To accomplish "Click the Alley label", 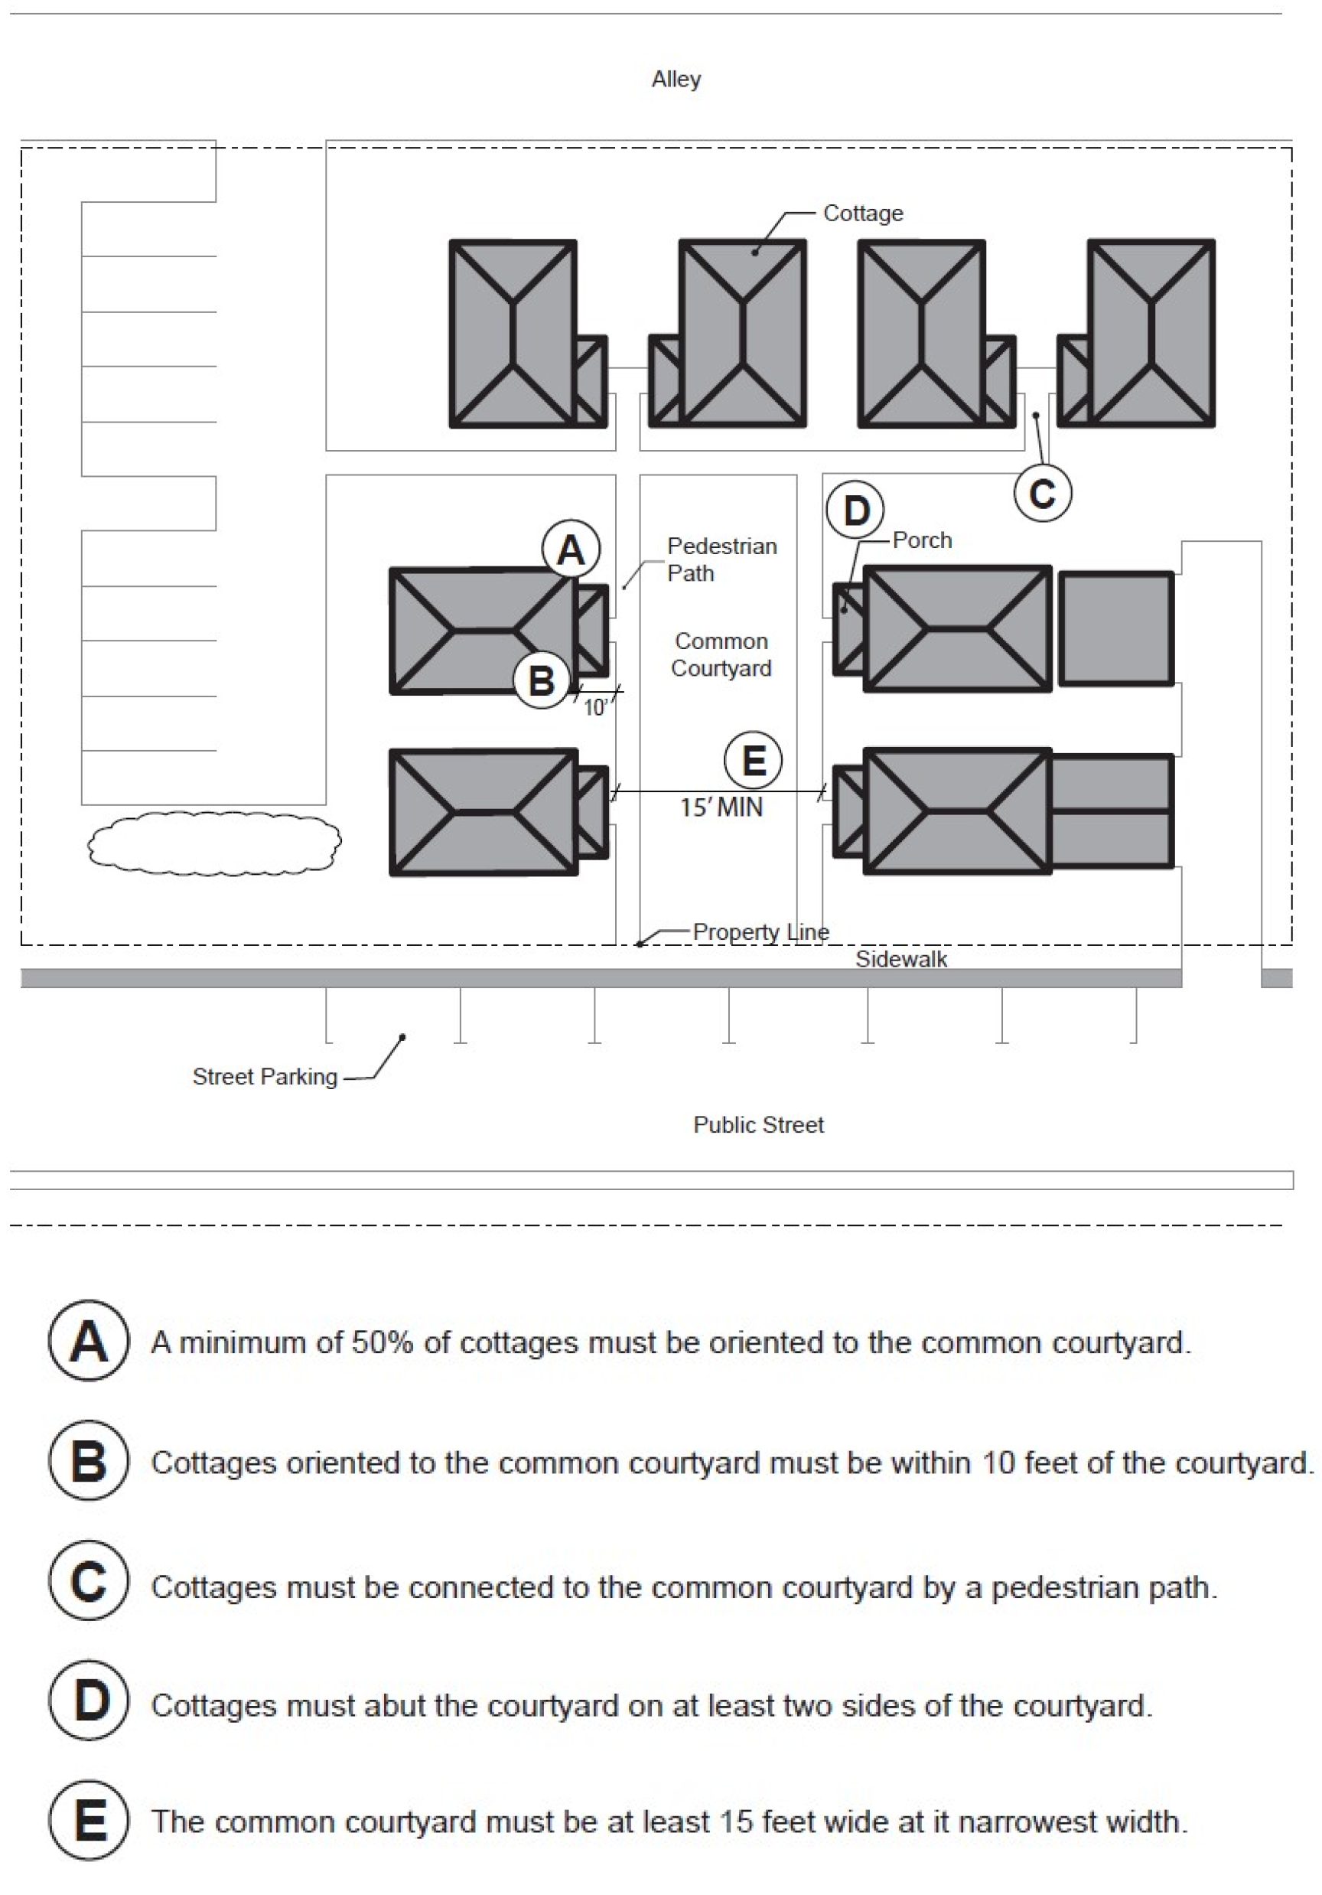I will (676, 80).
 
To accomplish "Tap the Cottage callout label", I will (862, 213).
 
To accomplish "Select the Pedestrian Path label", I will (721, 559).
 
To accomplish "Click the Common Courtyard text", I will (721, 654).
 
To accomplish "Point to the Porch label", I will (922, 540).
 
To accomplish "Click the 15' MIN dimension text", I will (721, 807).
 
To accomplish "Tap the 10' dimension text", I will (595, 708).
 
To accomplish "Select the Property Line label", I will (760, 932).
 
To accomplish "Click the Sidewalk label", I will (900, 959).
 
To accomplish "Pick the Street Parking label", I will (265, 1076).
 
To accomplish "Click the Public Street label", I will (758, 1124).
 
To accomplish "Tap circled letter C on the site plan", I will (1042, 494).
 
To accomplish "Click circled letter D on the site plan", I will (855, 510).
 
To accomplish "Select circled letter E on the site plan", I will (753, 760).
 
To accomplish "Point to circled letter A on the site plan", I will (571, 549).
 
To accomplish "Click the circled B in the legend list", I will (88, 1462).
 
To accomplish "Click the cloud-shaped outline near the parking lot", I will (214, 843).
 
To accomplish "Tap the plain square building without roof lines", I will (1115, 629).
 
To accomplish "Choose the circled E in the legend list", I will (88, 1821).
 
